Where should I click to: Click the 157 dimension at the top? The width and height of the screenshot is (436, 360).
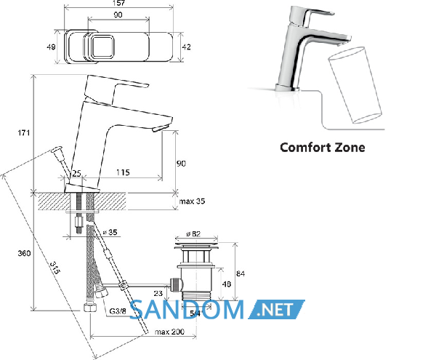click(118, 3)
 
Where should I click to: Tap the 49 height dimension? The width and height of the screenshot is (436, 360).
click(51, 47)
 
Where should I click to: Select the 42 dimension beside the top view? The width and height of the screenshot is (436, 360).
click(186, 47)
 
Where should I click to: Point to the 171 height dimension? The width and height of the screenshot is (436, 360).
click(24, 133)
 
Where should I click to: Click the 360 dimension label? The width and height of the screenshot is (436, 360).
click(24, 253)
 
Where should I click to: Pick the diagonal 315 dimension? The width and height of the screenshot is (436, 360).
click(54, 268)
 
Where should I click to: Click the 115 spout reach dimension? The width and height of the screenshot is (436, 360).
click(123, 172)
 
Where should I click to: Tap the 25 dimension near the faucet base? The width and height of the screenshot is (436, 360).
click(76, 174)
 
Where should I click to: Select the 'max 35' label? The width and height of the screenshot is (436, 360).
click(192, 201)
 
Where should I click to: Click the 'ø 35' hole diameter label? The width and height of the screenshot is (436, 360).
click(110, 232)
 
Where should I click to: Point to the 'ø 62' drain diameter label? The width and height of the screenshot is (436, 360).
click(193, 234)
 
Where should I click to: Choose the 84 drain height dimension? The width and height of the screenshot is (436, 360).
click(241, 273)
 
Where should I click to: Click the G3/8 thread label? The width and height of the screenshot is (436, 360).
click(118, 311)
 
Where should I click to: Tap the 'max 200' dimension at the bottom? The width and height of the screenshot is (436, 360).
click(169, 332)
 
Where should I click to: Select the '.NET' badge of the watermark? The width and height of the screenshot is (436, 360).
click(277, 310)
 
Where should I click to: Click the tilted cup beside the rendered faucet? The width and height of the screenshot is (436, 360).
click(355, 85)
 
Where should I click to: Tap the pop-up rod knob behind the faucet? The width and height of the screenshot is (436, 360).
click(57, 150)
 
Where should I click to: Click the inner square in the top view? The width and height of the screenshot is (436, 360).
click(102, 47)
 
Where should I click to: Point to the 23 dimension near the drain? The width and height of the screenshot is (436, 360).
click(158, 293)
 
